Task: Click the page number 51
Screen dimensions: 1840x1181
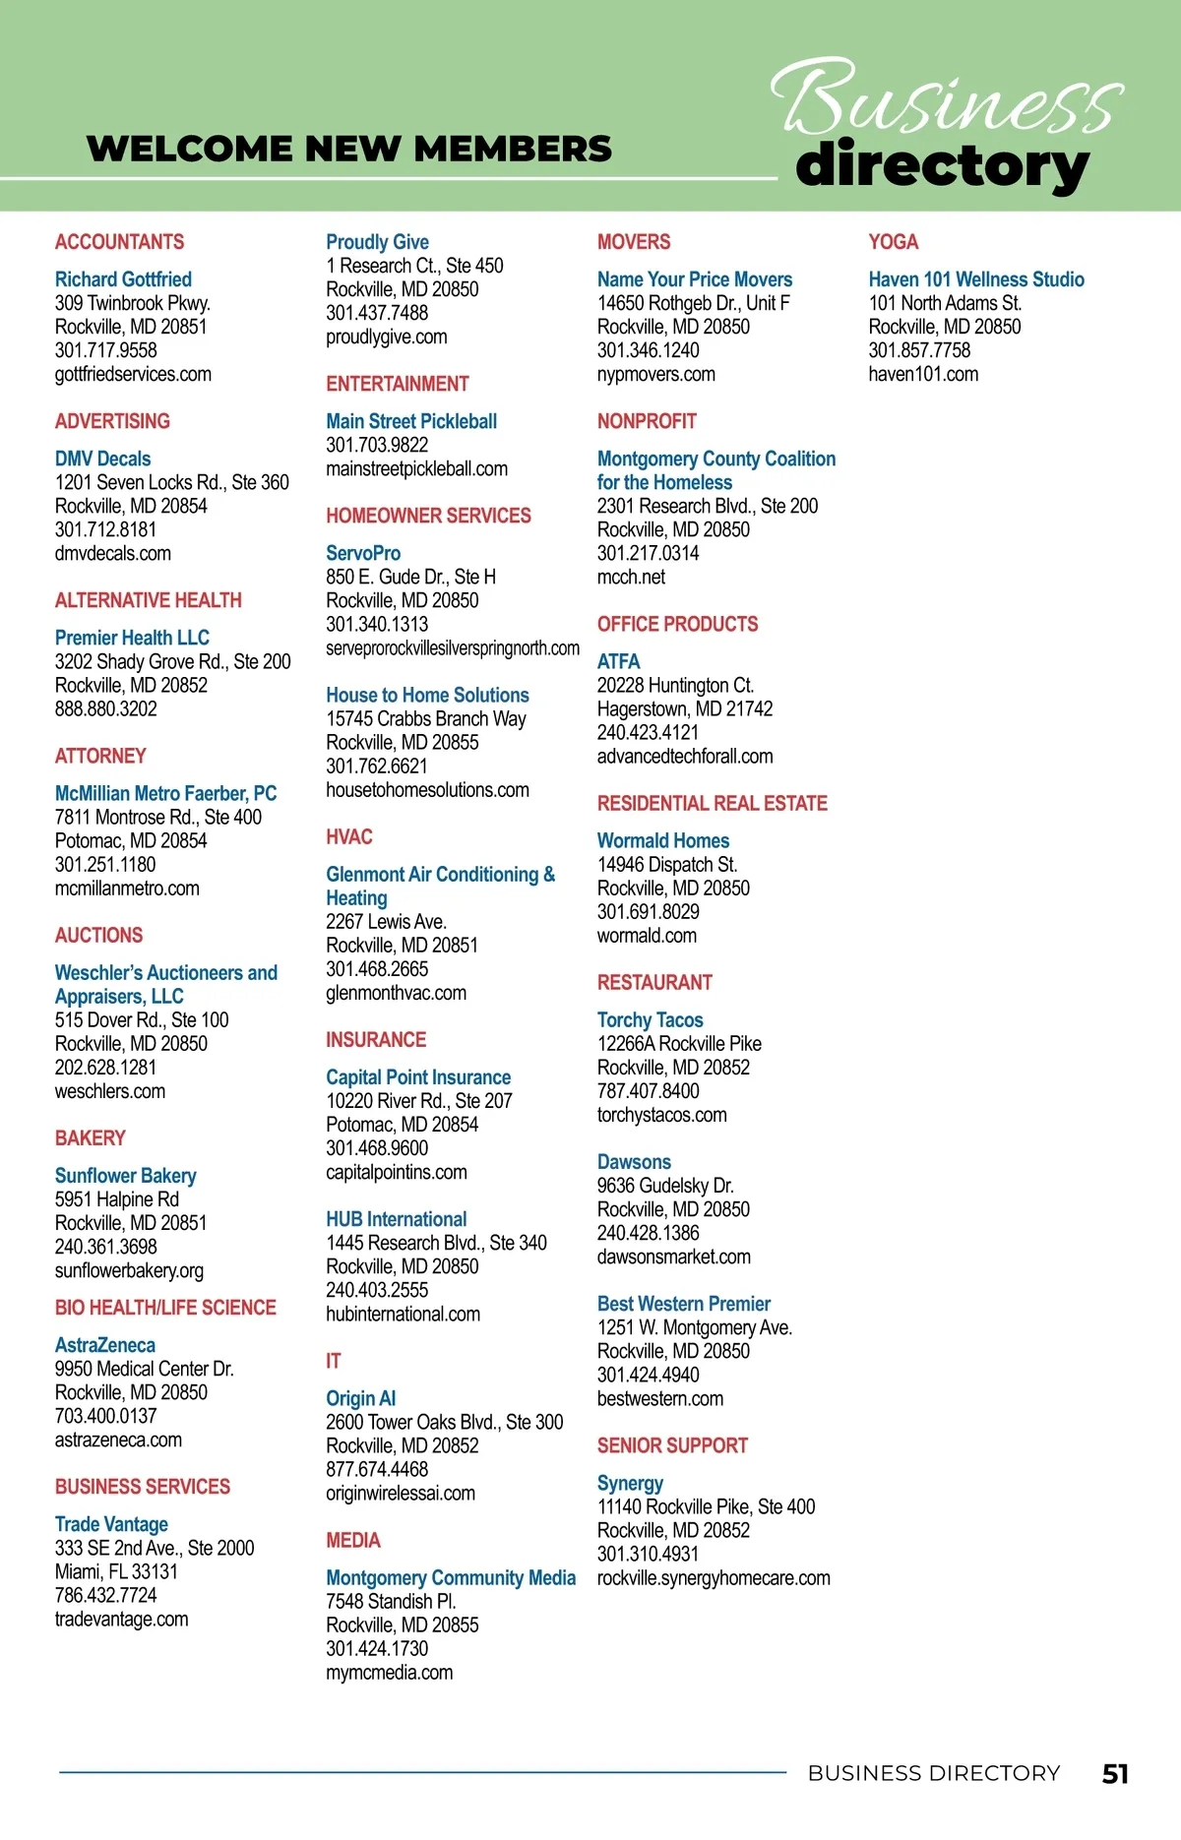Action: tap(1115, 1773)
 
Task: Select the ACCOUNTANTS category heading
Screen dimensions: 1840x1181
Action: tap(119, 242)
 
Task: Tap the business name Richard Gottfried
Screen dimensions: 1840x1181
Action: tap(123, 279)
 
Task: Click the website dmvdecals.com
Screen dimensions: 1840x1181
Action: tap(112, 554)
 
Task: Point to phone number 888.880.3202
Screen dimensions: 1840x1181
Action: tap(105, 709)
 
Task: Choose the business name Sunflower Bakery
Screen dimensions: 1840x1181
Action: tap(125, 1176)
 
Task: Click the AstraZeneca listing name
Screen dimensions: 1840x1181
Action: tap(104, 1345)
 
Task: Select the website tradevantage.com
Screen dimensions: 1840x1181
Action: tap(121, 1620)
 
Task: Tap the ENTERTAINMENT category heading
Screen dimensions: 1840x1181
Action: tap(397, 384)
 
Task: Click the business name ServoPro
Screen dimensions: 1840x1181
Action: tap(363, 553)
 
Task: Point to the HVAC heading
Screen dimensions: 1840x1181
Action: tap(348, 837)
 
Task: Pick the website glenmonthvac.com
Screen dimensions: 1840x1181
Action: tap(396, 994)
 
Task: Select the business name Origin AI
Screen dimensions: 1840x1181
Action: tap(360, 1398)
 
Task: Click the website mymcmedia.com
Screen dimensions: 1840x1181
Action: tap(389, 1673)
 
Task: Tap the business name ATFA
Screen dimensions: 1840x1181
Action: tap(618, 661)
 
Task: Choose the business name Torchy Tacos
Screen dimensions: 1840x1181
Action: tap(650, 1020)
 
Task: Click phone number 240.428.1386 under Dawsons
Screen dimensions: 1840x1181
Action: tap(648, 1234)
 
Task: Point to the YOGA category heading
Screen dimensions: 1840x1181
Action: tap(893, 242)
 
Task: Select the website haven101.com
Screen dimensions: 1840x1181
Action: tap(922, 375)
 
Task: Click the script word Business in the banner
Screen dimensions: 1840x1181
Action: tap(945, 98)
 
